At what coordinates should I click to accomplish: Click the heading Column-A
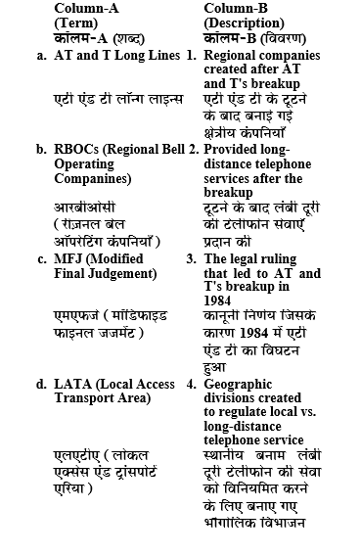coord(86,8)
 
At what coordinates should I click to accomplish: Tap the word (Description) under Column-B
coord(244,22)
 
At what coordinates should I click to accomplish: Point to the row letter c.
coord(42,258)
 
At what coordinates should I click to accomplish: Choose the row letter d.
coord(42,383)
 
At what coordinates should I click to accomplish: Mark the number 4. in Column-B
coord(192,383)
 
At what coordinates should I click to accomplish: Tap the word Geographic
coord(241,383)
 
